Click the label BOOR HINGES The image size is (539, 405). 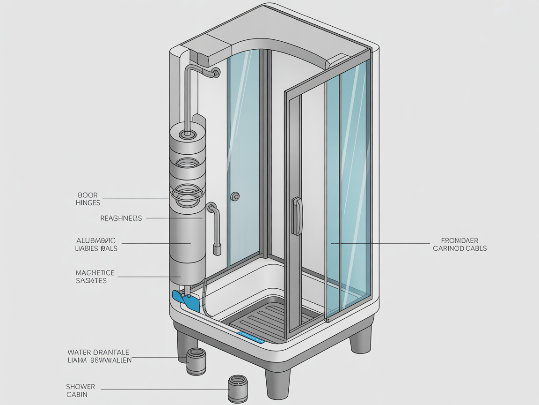click(x=88, y=198)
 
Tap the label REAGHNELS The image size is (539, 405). click(x=121, y=218)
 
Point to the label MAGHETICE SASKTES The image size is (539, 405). click(x=95, y=277)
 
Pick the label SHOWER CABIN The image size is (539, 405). click(x=80, y=390)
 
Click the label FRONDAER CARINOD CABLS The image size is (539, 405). click(x=459, y=244)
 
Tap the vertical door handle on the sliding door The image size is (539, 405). click(x=297, y=216)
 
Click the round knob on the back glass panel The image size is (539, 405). click(x=235, y=196)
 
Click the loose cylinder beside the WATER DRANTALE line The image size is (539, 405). click(x=196, y=362)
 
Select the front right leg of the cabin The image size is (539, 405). click(x=361, y=338)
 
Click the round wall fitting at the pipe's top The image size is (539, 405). click(x=216, y=73)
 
